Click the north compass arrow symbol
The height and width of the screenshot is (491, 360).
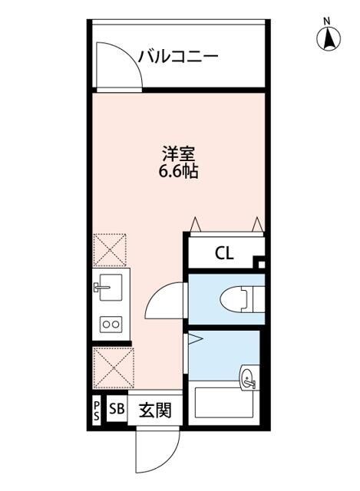tap(328, 38)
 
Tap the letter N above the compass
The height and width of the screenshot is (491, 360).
tap(328, 20)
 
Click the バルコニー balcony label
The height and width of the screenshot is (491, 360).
tap(178, 57)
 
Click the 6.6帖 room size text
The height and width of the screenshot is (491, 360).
tap(178, 172)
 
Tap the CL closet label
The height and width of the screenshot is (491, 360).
tap(224, 252)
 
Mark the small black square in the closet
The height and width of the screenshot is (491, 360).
tap(259, 265)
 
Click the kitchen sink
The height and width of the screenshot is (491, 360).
tap(110, 289)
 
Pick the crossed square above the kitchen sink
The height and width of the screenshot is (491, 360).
tap(111, 249)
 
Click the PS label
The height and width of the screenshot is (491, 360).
tap(96, 411)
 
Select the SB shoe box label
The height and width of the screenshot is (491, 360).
tap(117, 410)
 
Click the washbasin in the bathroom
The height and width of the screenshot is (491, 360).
tap(248, 377)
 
